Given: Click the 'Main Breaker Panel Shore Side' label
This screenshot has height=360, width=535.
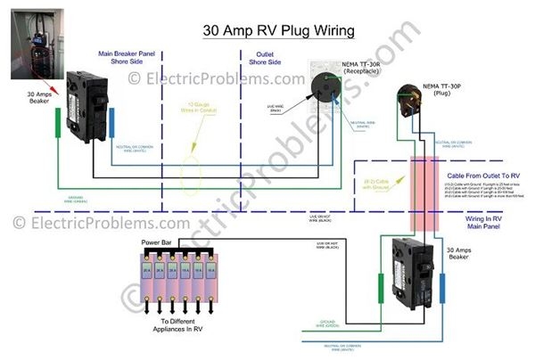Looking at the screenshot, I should tap(125, 58).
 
